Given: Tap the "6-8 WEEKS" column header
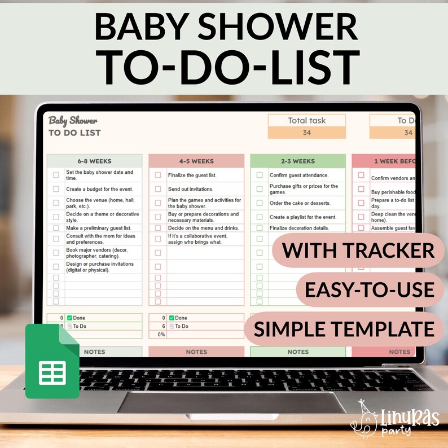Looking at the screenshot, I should pyautogui.click(x=94, y=161).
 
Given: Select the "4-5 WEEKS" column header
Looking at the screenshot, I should pyautogui.click(x=196, y=161).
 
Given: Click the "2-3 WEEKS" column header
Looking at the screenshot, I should pyautogui.click(x=297, y=161).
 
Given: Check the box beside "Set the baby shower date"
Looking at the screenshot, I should pyautogui.click(x=56, y=175).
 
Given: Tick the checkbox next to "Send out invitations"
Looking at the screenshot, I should pyautogui.click(x=158, y=189).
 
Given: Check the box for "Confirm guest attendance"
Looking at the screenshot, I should pyautogui.click(x=260, y=175).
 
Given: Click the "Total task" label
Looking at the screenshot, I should pyautogui.click(x=306, y=120).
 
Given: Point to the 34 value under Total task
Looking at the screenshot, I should pyautogui.click(x=306, y=133).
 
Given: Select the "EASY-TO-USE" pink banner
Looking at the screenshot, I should pyautogui.click(x=369, y=289).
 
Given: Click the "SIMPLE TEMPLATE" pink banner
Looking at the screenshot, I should pyautogui.click(x=343, y=328).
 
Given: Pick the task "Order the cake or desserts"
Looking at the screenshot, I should pyautogui.click(x=300, y=203).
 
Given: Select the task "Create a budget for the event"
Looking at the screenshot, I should pyautogui.click(x=100, y=189).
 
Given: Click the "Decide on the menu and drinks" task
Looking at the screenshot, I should pyautogui.click(x=203, y=228).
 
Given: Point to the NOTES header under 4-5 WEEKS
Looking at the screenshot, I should pyautogui.click(x=196, y=352).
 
